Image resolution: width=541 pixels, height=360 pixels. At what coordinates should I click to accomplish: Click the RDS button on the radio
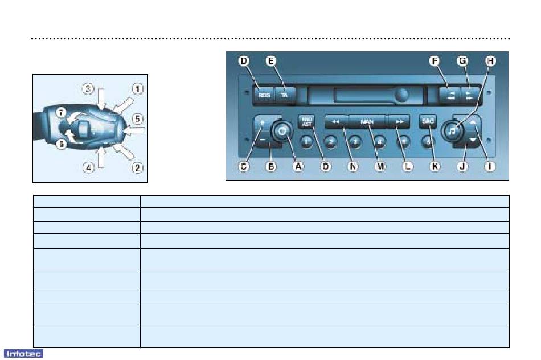click(x=264, y=96)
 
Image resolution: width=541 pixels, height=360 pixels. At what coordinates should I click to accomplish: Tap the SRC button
click(x=427, y=121)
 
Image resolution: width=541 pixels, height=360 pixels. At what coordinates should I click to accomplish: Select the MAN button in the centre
click(x=367, y=121)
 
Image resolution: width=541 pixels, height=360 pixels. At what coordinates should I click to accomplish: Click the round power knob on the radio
click(x=282, y=130)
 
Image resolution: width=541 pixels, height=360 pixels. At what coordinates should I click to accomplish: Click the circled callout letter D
click(x=244, y=60)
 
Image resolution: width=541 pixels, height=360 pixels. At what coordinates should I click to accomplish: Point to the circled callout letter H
click(x=490, y=60)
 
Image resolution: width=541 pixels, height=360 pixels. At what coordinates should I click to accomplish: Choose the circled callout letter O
click(x=326, y=167)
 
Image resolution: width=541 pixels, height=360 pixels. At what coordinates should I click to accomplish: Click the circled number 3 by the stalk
click(x=87, y=89)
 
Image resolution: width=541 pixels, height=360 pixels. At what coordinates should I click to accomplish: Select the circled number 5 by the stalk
click(x=137, y=119)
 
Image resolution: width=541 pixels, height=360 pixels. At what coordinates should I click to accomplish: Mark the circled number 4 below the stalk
click(x=88, y=168)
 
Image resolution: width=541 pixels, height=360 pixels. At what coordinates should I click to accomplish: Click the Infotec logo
click(x=19, y=353)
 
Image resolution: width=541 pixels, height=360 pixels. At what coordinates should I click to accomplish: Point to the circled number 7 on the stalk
click(x=60, y=112)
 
